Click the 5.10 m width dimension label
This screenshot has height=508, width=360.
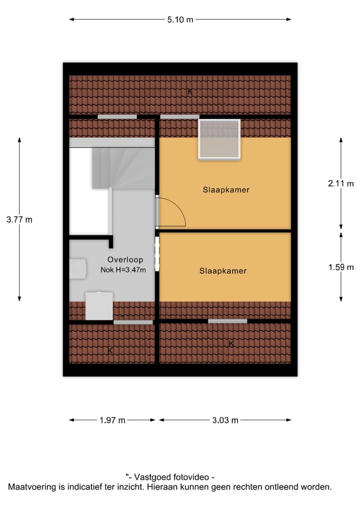pyautogui.click(x=180, y=20)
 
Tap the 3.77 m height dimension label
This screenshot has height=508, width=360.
pyautogui.click(x=19, y=219)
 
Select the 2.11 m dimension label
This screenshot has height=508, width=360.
pyautogui.click(x=340, y=183)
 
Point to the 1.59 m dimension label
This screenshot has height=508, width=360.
pyautogui.click(x=340, y=267)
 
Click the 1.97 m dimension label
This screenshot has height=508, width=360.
pyautogui.click(x=112, y=420)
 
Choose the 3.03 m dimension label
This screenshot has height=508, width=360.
pyautogui.click(x=225, y=420)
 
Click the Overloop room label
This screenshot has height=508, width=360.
pyautogui.click(x=125, y=260)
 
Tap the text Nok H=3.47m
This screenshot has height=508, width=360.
pyautogui.click(x=123, y=270)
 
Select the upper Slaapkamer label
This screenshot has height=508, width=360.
pyautogui.click(x=226, y=190)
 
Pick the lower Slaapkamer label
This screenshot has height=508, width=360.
pyautogui.click(x=223, y=271)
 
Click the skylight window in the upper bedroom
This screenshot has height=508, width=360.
pyautogui.click(x=219, y=139)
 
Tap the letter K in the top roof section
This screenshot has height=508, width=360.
pyautogui.click(x=190, y=91)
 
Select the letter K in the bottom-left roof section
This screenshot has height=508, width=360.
pyautogui.click(x=110, y=351)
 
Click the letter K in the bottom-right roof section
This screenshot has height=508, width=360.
pyautogui.click(x=231, y=344)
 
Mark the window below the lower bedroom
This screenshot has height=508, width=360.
pyautogui.click(x=227, y=321)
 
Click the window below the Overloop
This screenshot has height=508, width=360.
pyautogui.click(x=133, y=322)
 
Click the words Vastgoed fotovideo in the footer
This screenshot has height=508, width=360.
pyautogui.click(x=172, y=477)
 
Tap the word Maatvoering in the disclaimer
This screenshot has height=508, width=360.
pyautogui.click(x=29, y=487)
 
